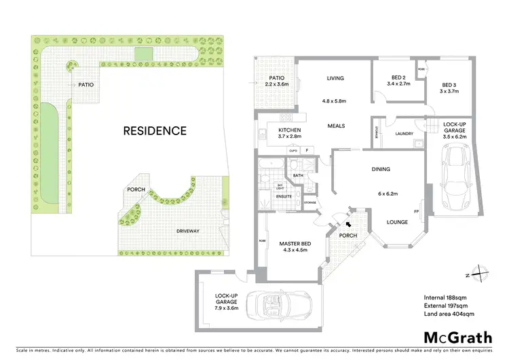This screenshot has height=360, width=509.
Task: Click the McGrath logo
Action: pos(459,338)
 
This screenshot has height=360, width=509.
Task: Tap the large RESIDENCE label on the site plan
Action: pos(155,130)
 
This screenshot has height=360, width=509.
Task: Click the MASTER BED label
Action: pos(293,246)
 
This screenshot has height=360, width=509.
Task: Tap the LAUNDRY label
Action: pos(404,134)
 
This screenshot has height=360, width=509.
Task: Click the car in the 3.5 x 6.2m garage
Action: pos(455,177)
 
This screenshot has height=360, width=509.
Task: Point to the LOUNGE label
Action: pos(397,221)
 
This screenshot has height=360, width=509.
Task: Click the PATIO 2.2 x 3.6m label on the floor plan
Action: pos(277,82)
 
